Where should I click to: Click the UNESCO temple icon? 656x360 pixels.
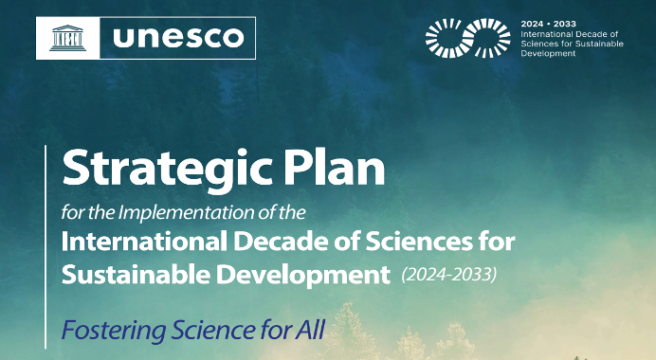coord(67,38)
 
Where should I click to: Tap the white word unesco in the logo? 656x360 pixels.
coord(178,37)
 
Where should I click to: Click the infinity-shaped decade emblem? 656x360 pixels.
coord(467,38)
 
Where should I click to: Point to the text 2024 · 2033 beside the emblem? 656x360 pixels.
coord(549,24)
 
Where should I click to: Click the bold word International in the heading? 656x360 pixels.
coord(144,242)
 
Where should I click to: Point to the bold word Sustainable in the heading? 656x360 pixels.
coord(136,275)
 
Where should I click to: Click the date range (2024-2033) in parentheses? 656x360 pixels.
coord(449,275)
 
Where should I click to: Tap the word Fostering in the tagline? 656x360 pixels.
coord(114,331)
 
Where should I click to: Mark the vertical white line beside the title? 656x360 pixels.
coord(46,246)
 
